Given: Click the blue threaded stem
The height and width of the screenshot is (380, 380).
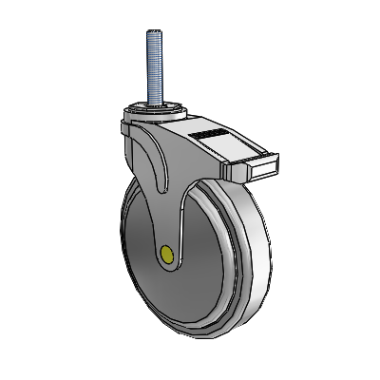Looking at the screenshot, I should [x=152, y=62].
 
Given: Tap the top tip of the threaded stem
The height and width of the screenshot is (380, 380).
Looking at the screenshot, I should [x=152, y=30].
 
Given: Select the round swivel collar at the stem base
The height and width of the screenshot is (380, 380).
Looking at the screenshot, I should [x=152, y=106].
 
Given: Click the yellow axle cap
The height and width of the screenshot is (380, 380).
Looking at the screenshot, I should [x=168, y=254].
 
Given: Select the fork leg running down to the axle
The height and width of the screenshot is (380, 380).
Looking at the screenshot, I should [x=177, y=204].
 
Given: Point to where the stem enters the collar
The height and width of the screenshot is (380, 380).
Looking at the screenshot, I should [x=152, y=99].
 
